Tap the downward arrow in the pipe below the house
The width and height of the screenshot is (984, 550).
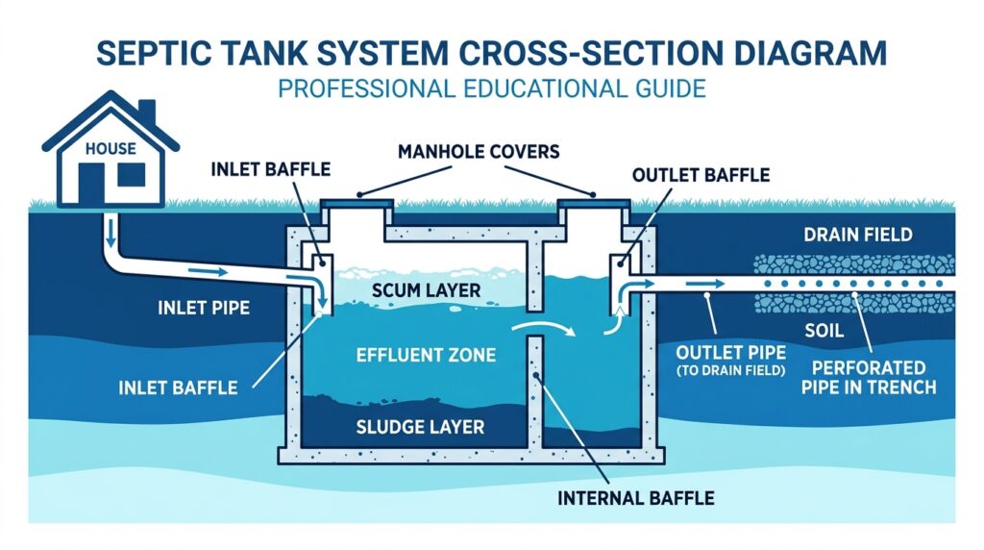[112, 231]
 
